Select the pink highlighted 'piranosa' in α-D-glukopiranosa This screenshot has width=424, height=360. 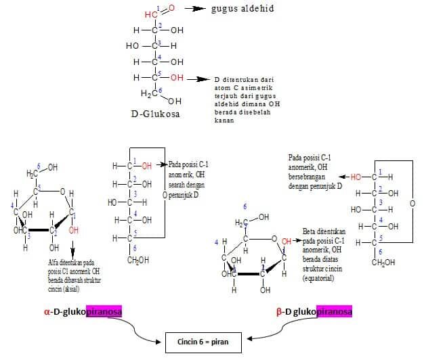click(117, 313)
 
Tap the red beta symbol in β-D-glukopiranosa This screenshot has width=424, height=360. click(279, 313)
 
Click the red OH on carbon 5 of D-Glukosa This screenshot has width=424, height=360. click(176, 78)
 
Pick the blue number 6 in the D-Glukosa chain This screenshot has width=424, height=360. click(161, 90)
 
